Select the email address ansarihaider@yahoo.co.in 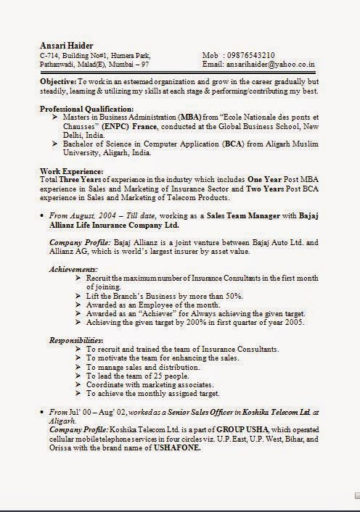coord(272,65)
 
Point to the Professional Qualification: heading coord(87,108)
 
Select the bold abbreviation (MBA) coord(191,117)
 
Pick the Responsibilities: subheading coord(76,340)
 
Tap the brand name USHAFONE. coord(178,447)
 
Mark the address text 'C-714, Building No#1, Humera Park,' coord(96,55)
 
